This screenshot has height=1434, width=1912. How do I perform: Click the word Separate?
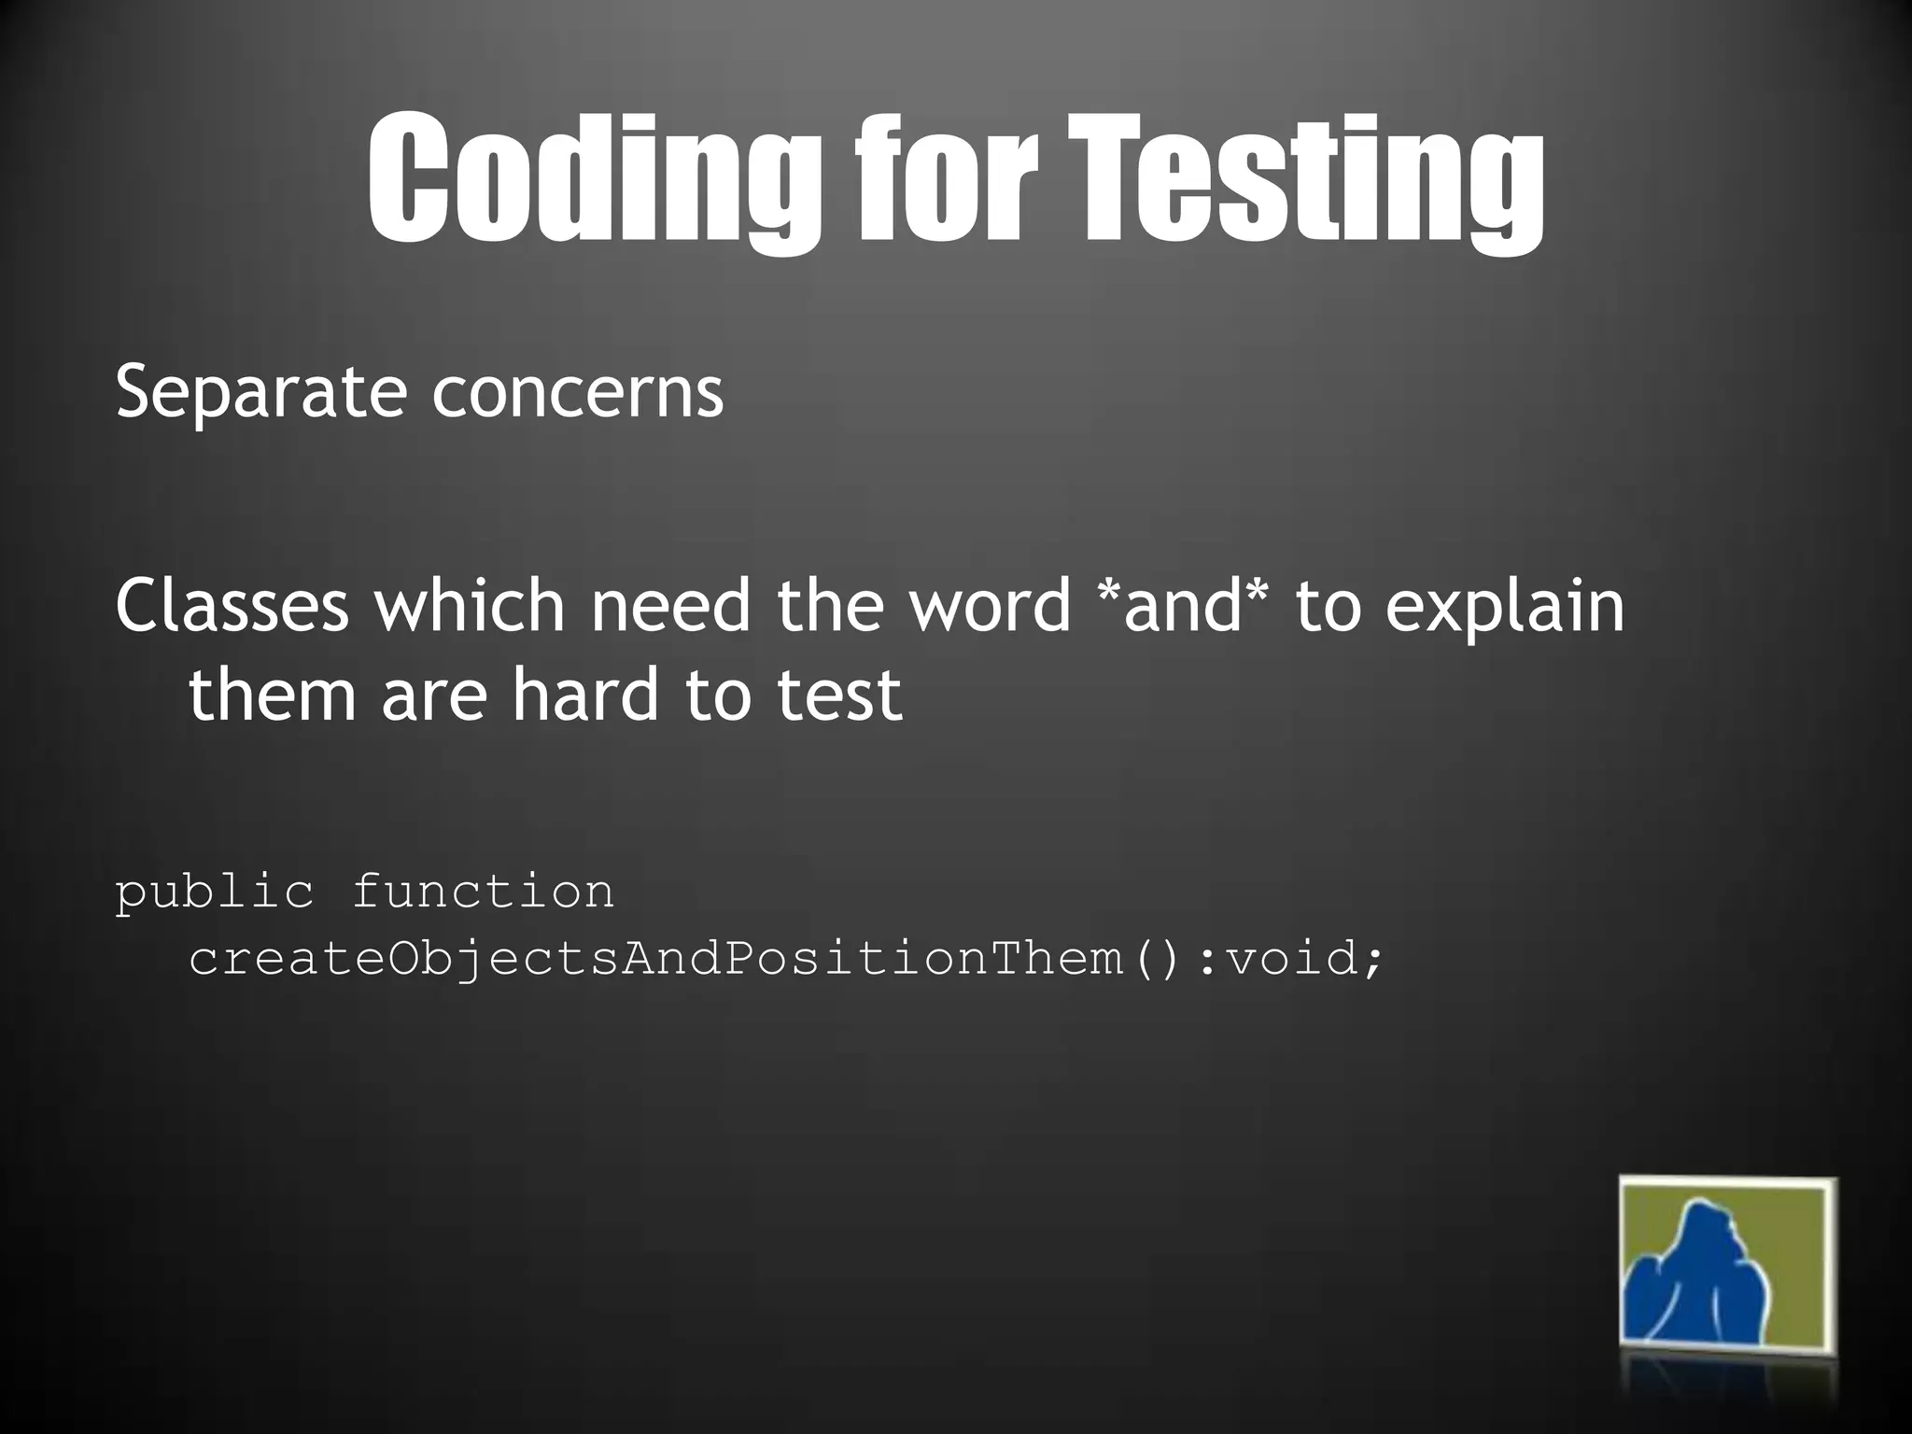coord(260,393)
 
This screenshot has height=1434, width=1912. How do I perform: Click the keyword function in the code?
coord(483,892)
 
